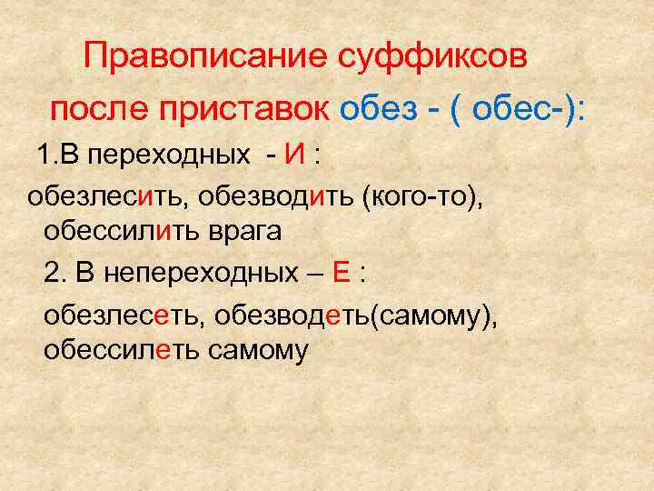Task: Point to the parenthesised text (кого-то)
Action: pyautogui.click(x=420, y=195)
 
